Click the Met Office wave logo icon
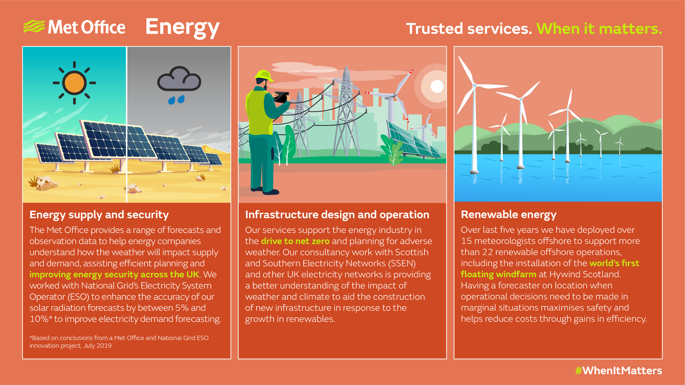(34, 27)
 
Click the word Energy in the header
(182, 27)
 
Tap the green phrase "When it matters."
(599, 29)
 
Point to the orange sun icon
(74, 83)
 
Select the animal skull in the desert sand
(45, 183)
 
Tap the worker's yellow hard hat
(263, 75)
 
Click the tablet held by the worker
(281, 97)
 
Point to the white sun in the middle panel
(437, 86)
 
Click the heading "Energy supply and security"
(99, 215)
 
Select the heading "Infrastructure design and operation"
(337, 215)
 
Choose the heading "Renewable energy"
(508, 215)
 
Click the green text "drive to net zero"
(295, 241)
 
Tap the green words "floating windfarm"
(498, 274)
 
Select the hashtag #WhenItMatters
(618, 371)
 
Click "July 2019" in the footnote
(97, 346)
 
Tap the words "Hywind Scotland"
(585, 274)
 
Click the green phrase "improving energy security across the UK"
(114, 274)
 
